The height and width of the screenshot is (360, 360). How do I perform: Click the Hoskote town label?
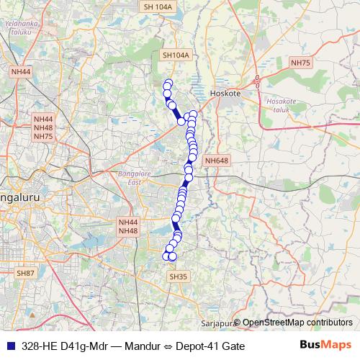223,94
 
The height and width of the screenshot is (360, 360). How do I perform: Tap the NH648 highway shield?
216,161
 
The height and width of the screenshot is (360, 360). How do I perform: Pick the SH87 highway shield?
25,273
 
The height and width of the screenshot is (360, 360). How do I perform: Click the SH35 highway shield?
178,276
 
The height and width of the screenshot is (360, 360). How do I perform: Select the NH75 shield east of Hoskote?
300,63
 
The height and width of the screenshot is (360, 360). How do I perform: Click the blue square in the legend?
9,346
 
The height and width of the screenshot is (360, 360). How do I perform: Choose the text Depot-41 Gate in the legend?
210,346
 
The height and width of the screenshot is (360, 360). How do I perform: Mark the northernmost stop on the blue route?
168,83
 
